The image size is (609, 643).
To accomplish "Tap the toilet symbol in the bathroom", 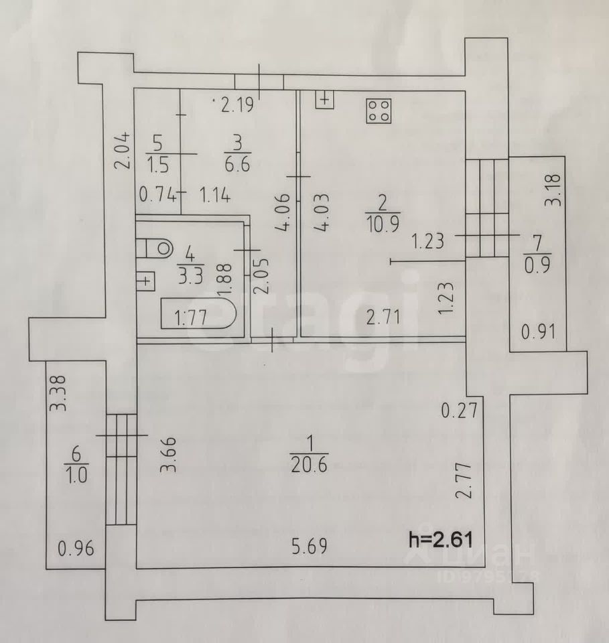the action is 156,248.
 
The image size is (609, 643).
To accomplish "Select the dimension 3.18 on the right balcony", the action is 553,190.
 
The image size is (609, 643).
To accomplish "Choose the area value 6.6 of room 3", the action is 238,163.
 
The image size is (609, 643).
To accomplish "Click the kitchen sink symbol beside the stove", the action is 324,100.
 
